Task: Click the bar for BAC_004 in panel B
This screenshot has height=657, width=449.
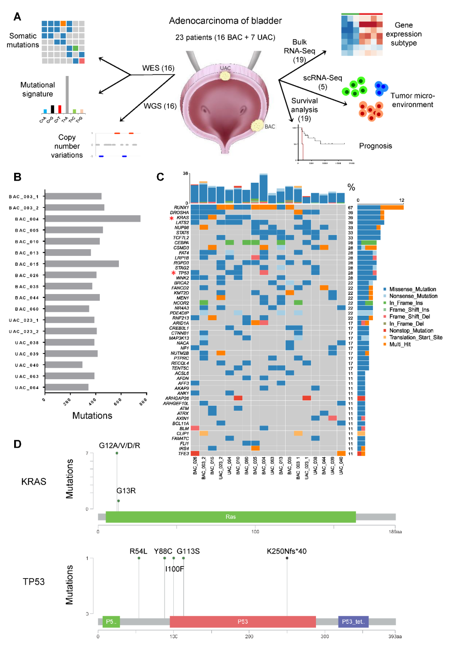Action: pyautogui.click(x=92, y=218)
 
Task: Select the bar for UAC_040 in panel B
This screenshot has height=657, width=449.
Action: pyautogui.click(x=64, y=365)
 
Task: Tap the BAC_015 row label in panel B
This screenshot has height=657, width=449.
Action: pyautogui.click(x=27, y=264)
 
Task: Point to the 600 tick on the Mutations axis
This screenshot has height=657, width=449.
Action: pyautogui.click(x=118, y=401)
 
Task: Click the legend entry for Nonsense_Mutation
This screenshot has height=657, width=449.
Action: pyautogui.click(x=413, y=296)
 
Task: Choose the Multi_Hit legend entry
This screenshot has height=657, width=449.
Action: pyautogui.click(x=400, y=344)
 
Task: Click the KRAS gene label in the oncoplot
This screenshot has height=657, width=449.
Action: pyautogui.click(x=183, y=218)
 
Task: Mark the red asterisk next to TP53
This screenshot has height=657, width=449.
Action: pyautogui.click(x=173, y=273)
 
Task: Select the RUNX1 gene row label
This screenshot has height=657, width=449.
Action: pyautogui.click(x=181, y=207)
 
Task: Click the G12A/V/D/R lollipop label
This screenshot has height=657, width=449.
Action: pyautogui.click(x=119, y=446)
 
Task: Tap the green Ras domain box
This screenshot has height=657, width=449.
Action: pyautogui.click(x=231, y=517)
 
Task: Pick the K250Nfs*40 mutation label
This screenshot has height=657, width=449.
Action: pyautogui.click(x=286, y=551)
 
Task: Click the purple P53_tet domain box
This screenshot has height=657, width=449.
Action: pyautogui.click(x=353, y=622)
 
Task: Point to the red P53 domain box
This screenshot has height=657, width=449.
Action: pyautogui.click(x=243, y=622)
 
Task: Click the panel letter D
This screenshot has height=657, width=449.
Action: pyautogui.click(x=17, y=444)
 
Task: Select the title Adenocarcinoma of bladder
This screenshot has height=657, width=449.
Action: pyautogui.click(x=225, y=21)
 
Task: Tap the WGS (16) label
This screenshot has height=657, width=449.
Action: pyautogui.click(x=160, y=106)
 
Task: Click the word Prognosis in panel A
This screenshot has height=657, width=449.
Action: pyautogui.click(x=375, y=146)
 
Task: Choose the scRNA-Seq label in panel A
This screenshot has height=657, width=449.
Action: pyautogui.click(x=323, y=78)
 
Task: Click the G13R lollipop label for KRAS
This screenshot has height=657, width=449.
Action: pyautogui.click(x=126, y=490)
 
